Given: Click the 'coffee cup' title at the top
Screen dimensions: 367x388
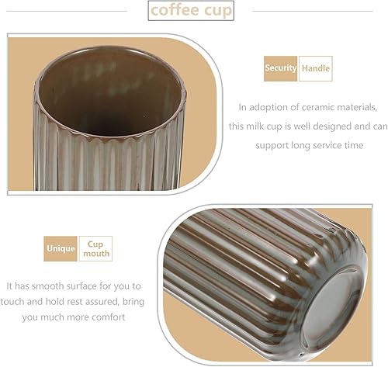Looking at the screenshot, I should click(x=189, y=11).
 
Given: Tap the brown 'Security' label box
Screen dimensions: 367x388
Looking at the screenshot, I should click(x=280, y=68).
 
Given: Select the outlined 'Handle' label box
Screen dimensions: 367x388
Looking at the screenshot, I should click(x=315, y=68).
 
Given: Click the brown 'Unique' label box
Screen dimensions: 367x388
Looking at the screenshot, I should click(x=61, y=248).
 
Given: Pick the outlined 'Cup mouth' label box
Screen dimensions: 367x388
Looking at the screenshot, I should click(x=95, y=248).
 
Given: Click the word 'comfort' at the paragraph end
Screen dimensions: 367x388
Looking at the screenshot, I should click(x=106, y=317).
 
